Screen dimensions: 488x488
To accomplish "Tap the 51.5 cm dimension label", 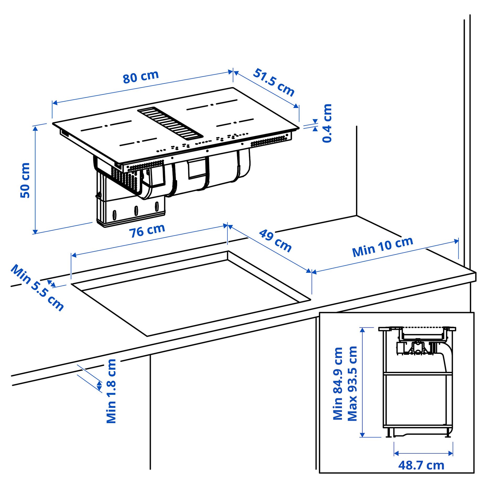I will [x=274, y=82].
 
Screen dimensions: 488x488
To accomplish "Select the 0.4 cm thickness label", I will [x=327, y=123].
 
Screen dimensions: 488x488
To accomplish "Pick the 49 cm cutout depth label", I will [x=275, y=241].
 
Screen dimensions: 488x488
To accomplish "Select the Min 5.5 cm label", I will [x=37, y=288].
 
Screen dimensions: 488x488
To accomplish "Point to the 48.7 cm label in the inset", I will [x=421, y=465].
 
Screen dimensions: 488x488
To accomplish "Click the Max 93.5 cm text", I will [x=352, y=383].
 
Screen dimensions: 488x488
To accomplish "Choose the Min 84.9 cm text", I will [x=338, y=383].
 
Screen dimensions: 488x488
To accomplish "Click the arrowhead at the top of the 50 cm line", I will [x=35, y=128].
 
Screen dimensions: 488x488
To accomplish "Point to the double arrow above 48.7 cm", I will [x=423, y=453].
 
